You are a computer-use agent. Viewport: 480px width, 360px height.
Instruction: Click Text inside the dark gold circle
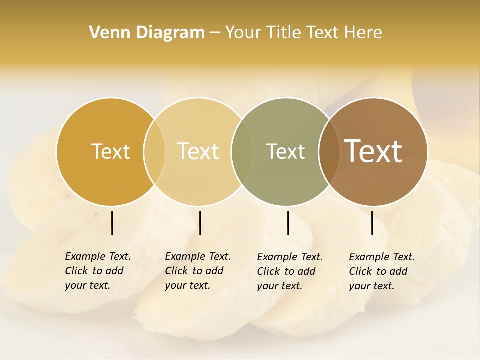(x=110, y=151)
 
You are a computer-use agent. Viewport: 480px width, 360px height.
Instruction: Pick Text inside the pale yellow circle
(x=198, y=151)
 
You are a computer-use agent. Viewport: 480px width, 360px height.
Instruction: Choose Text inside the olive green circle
(x=285, y=151)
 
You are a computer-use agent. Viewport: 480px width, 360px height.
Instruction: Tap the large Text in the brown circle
(x=373, y=151)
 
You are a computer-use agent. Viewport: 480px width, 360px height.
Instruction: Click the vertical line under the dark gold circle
(x=112, y=223)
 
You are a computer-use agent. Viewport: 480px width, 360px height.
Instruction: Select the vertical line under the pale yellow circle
(x=200, y=223)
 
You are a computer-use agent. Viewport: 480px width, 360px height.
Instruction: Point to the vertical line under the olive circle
(x=288, y=223)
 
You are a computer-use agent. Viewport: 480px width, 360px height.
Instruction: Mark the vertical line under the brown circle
(x=372, y=223)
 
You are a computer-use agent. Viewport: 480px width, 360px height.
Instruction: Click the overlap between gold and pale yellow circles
(x=154, y=151)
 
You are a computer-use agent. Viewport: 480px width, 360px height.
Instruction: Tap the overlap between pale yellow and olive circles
(x=242, y=151)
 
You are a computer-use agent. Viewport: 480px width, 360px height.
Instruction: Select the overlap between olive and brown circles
(x=329, y=151)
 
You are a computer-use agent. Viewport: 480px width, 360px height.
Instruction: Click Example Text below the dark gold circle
(x=98, y=256)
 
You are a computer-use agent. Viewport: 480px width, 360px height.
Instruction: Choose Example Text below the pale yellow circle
(x=198, y=256)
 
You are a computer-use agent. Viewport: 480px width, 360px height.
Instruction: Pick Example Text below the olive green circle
(x=290, y=257)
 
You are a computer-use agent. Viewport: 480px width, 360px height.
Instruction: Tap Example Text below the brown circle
(x=382, y=257)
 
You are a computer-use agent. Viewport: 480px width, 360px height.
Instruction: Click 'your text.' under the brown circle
(x=371, y=286)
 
